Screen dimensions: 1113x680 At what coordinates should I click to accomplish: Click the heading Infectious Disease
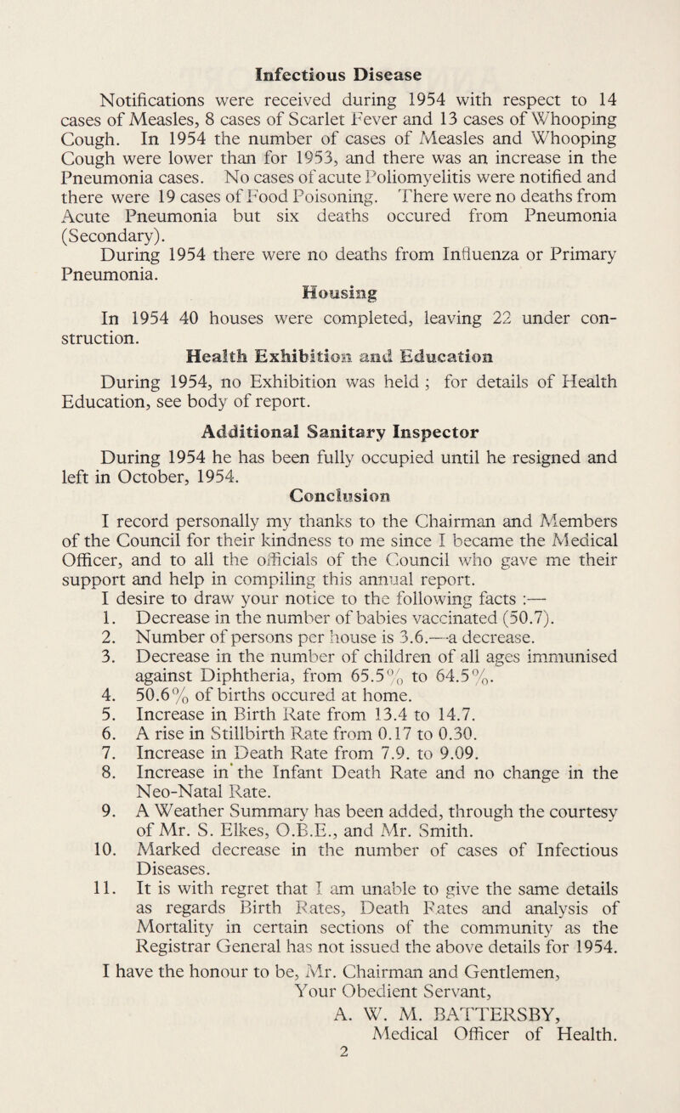pos(339,65)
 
